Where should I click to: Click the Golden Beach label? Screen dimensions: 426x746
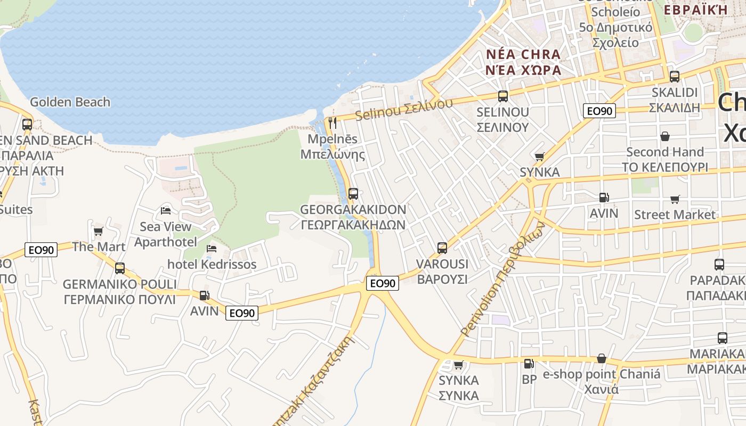(70, 102)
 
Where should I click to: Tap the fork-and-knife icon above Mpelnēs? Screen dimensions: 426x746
(333, 123)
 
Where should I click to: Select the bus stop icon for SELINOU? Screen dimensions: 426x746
(503, 96)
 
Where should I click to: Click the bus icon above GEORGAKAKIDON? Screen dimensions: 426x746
(353, 194)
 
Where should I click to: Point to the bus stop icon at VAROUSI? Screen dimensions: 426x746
(442, 248)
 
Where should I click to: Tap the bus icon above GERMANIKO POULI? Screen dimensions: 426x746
(120, 268)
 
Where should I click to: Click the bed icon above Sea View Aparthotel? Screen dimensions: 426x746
(166, 210)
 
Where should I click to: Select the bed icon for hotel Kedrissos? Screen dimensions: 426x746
(212, 248)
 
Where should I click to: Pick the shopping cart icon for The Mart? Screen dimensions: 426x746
(98, 231)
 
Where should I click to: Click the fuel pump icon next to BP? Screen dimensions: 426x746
(529, 364)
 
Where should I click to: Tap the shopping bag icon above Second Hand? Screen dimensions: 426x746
(664, 136)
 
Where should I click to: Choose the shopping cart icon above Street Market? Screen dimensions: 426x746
(675, 199)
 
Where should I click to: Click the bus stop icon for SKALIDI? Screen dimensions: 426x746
(674, 76)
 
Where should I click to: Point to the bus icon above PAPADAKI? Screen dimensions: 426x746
(719, 264)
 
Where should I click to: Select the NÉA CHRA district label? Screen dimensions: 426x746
(523, 54)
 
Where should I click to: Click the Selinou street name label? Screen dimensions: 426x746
(404, 108)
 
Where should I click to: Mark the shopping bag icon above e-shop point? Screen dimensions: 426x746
(601, 358)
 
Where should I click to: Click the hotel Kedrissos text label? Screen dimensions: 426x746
(212, 264)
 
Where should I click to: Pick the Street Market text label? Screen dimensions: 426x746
(675, 215)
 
